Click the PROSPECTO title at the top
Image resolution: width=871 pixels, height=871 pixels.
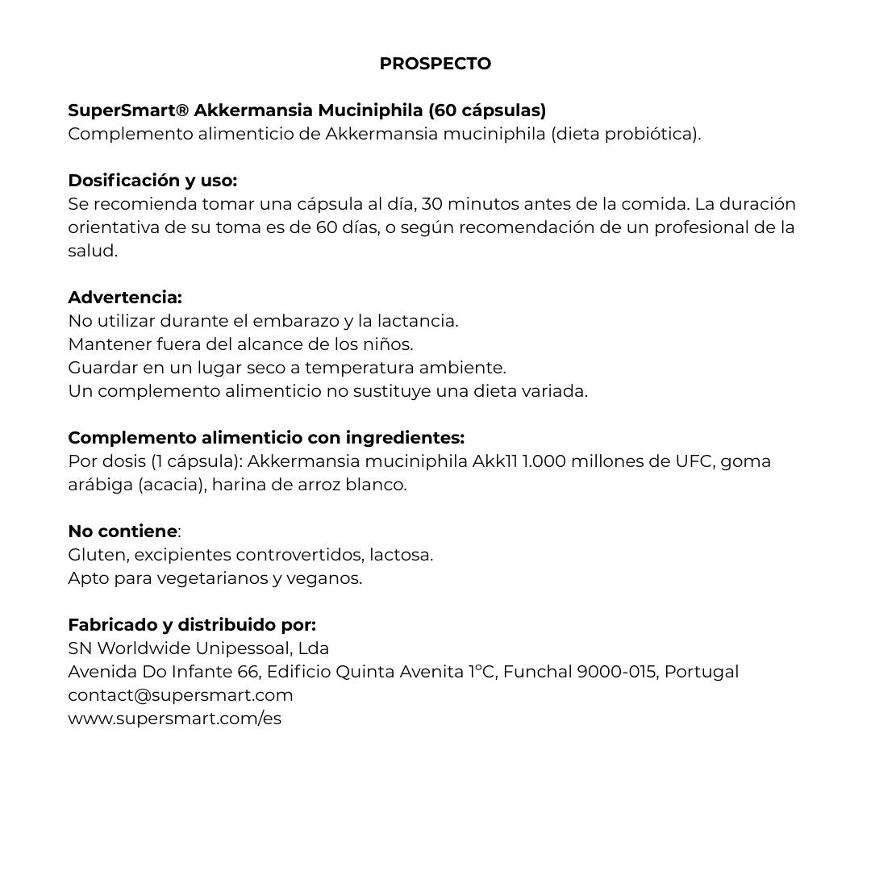coord(435,64)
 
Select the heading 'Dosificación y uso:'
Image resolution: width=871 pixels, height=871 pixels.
coord(152,180)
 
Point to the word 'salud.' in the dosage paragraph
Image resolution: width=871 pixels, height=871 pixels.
coord(93,251)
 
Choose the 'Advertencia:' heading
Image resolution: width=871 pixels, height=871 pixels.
coord(125,298)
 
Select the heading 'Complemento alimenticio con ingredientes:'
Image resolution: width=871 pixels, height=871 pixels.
coord(266,438)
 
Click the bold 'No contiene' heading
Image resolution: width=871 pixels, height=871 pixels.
coord(123,531)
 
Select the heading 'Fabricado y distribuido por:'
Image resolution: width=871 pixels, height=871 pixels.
coord(192,625)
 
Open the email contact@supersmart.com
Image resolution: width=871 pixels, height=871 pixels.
coord(181,695)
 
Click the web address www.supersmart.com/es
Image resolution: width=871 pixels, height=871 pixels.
coord(175,719)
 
